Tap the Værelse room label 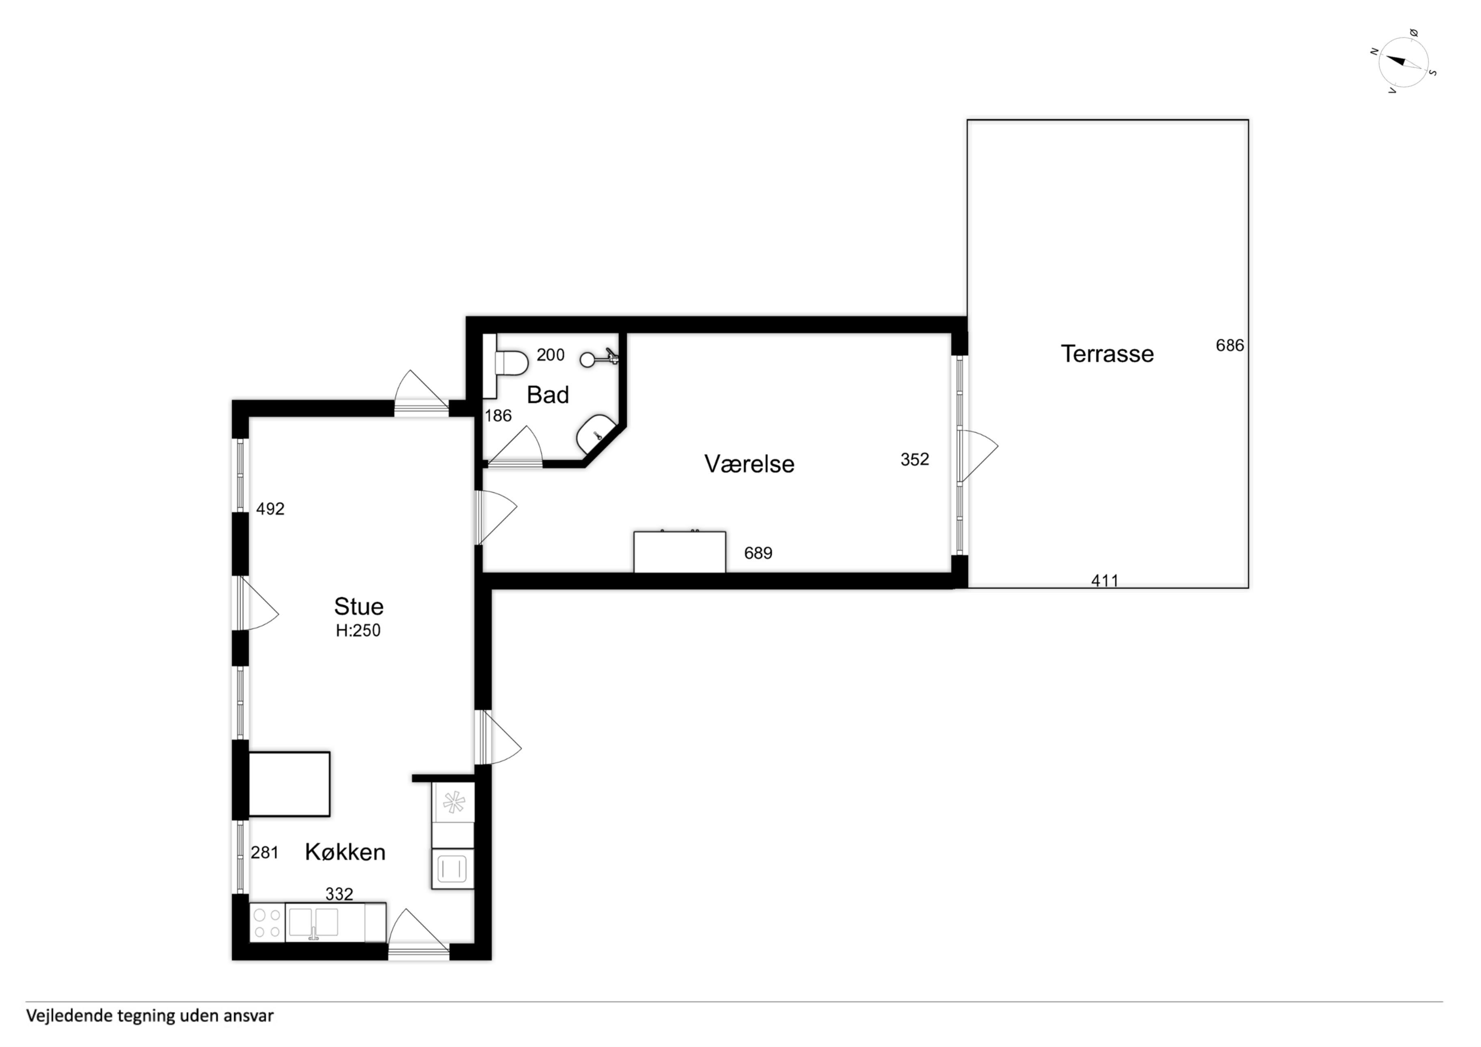pos(749,464)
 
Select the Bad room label pos(548,395)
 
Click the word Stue pos(358,607)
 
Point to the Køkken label pos(345,852)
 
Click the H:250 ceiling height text pos(358,630)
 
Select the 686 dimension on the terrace pos(1229,346)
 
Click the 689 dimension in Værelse pos(758,553)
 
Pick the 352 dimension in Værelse pos(915,459)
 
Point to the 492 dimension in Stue pos(270,509)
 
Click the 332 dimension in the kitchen pos(339,894)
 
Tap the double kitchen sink pos(313,922)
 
